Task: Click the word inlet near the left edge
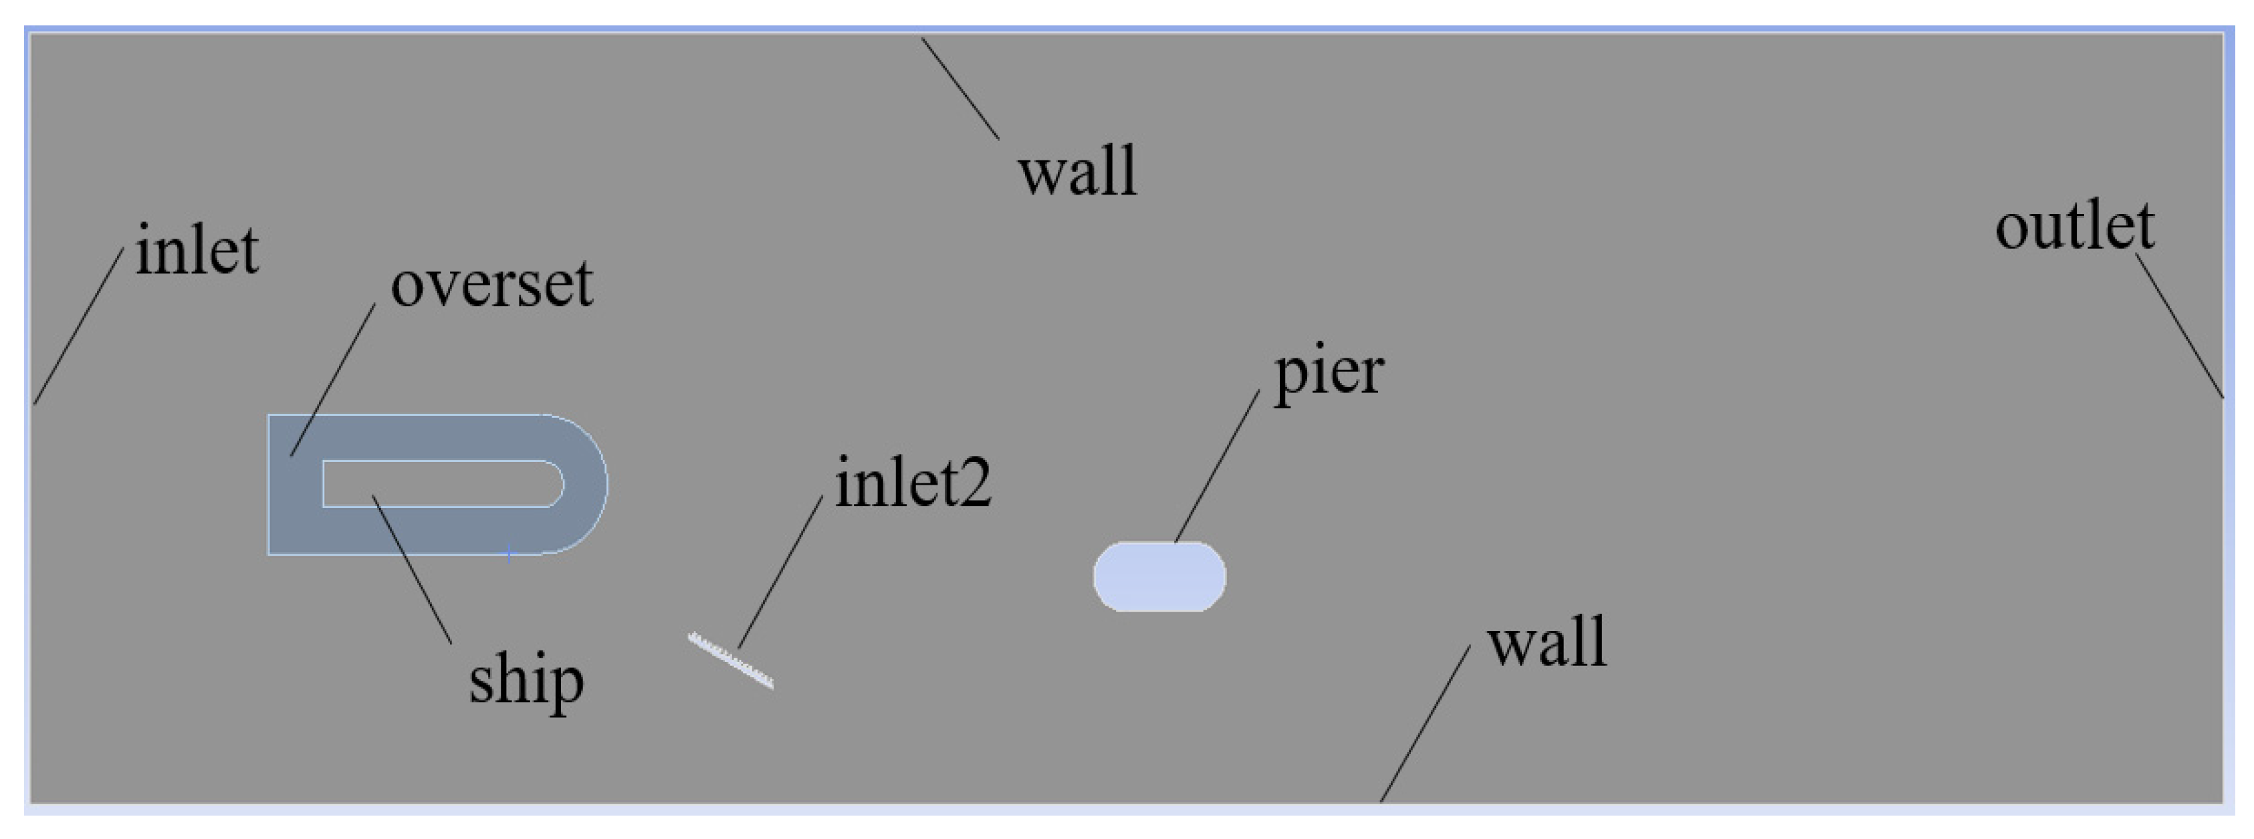[197, 252]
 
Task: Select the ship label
[526, 681]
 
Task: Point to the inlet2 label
[913, 482]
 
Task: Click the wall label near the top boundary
[1077, 170]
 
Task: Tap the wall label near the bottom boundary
[1547, 642]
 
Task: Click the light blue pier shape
[1159, 576]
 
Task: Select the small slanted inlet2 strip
[731, 661]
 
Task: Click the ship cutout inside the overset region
[437, 483]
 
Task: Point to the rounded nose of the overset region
[586, 484]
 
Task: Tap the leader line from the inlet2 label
[780, 572]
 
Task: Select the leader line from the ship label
[412, 570]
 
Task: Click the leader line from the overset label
[334, 380]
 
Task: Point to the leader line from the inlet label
[79, 326]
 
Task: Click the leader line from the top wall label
[960, 88]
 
